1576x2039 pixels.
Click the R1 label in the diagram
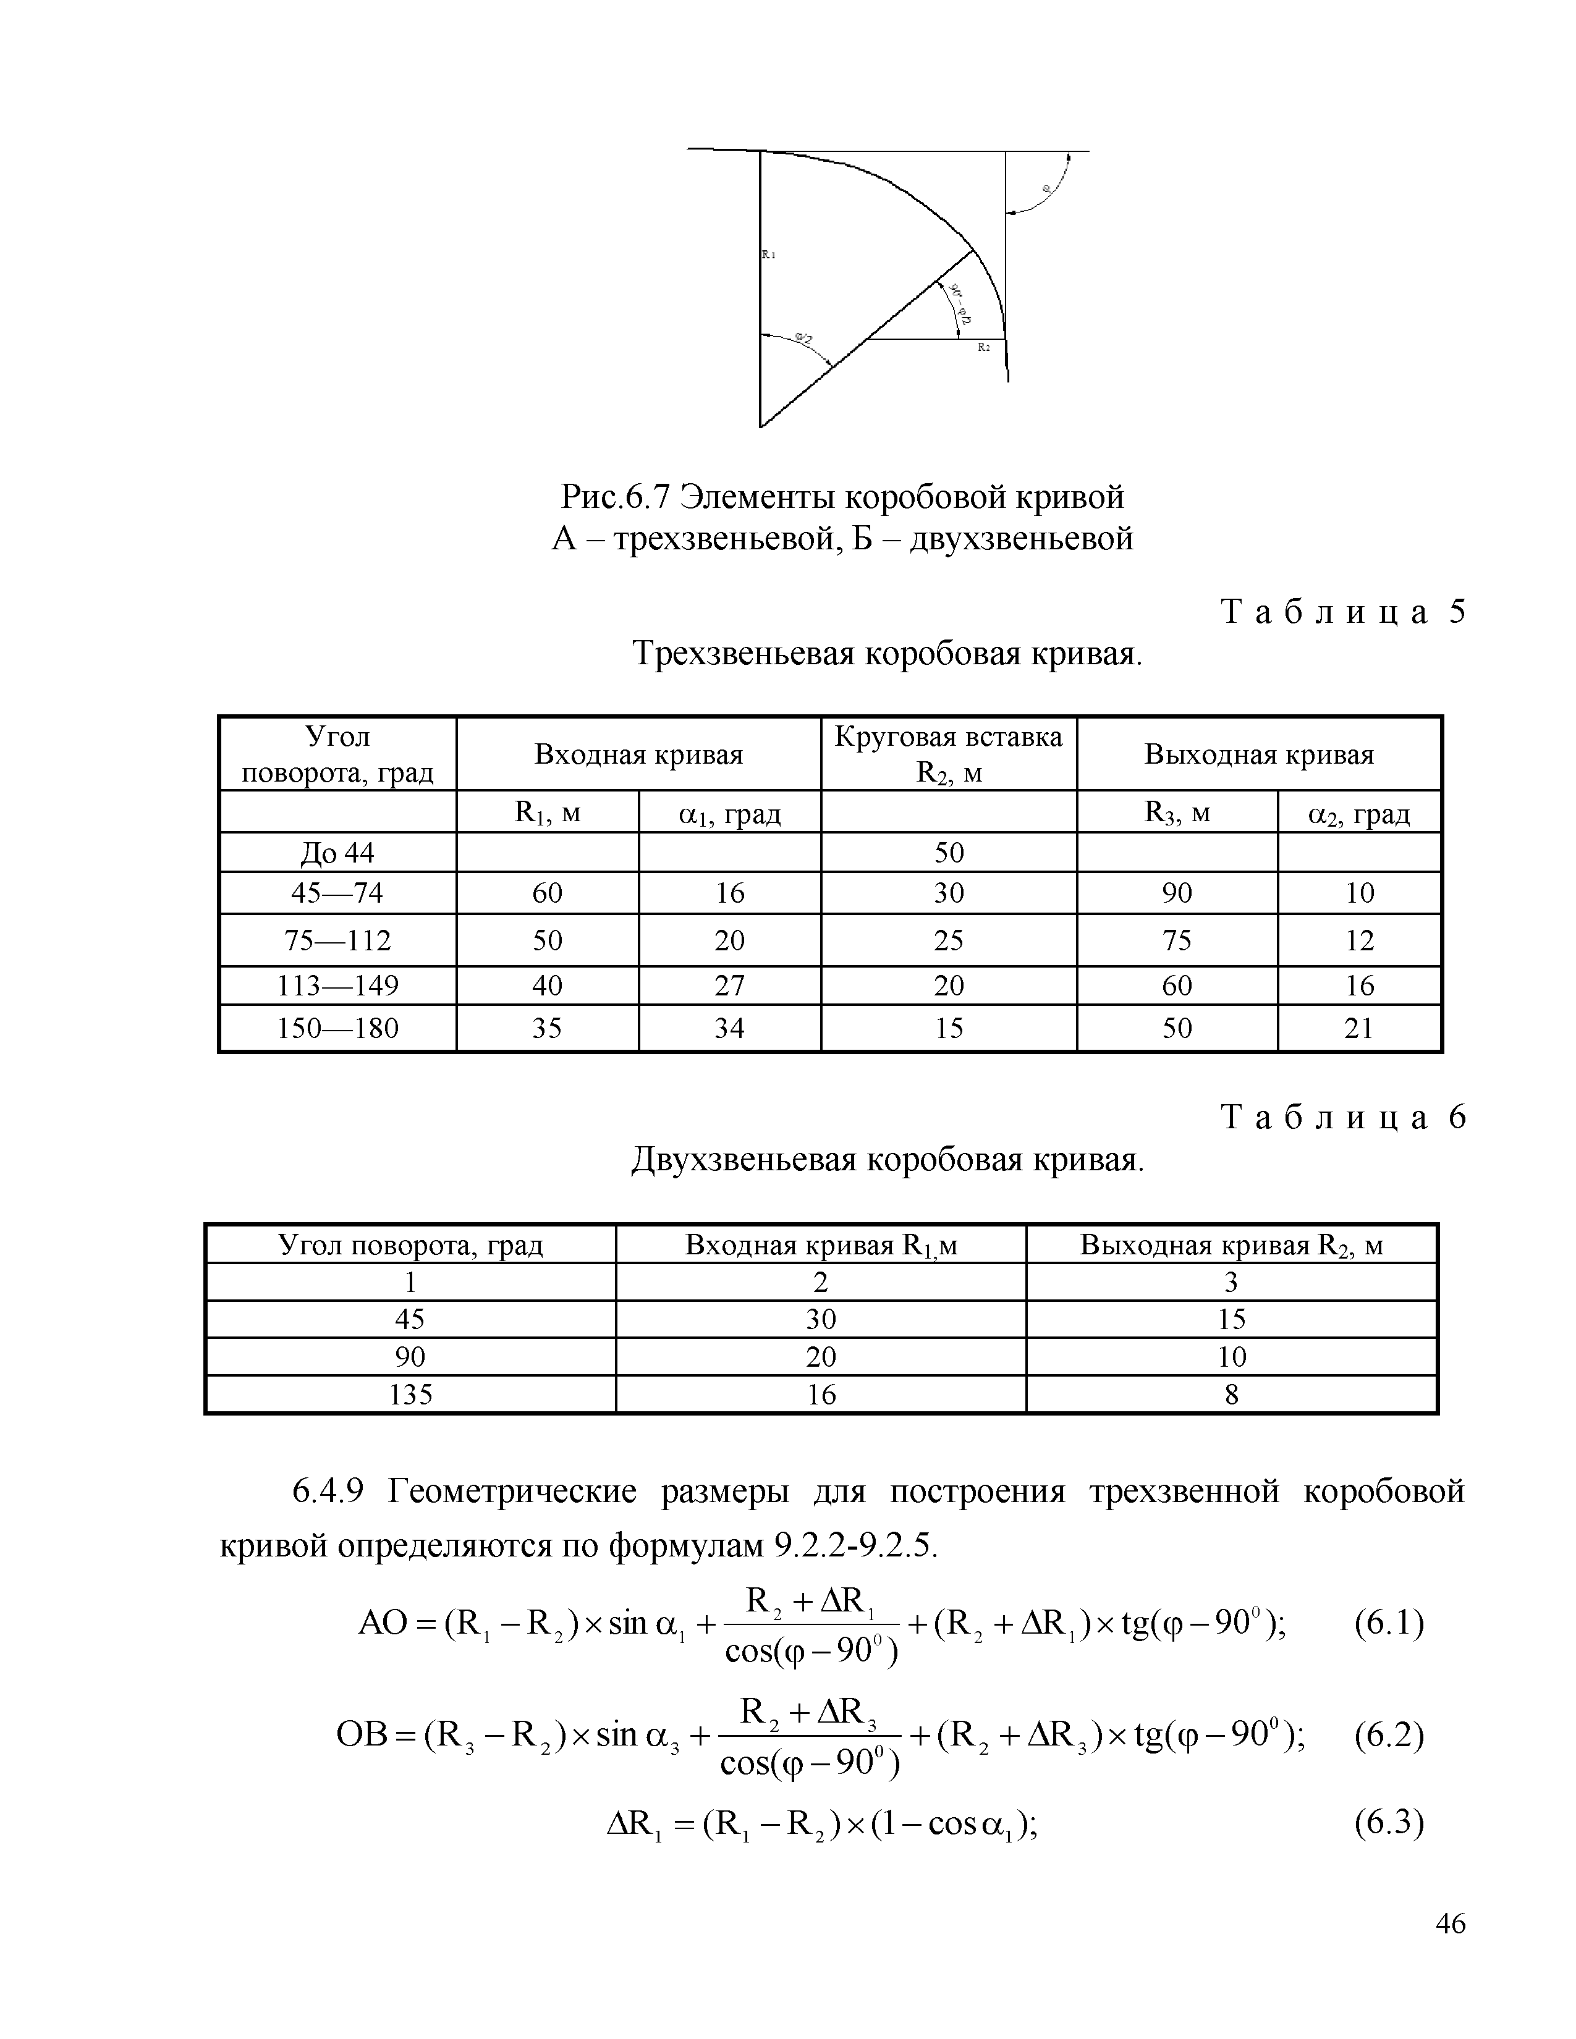(x=768, y=254)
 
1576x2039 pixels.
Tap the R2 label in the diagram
(x=983, y=347)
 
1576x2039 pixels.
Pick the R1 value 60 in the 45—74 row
(x=547, y=893)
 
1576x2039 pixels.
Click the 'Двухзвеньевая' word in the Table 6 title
(x=743, y=1160)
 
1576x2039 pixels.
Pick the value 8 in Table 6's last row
(x=1231, y=1394)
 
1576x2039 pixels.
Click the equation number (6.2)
(x=1388, y=1736)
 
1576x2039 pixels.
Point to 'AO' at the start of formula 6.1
(x=383, y=1624)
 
